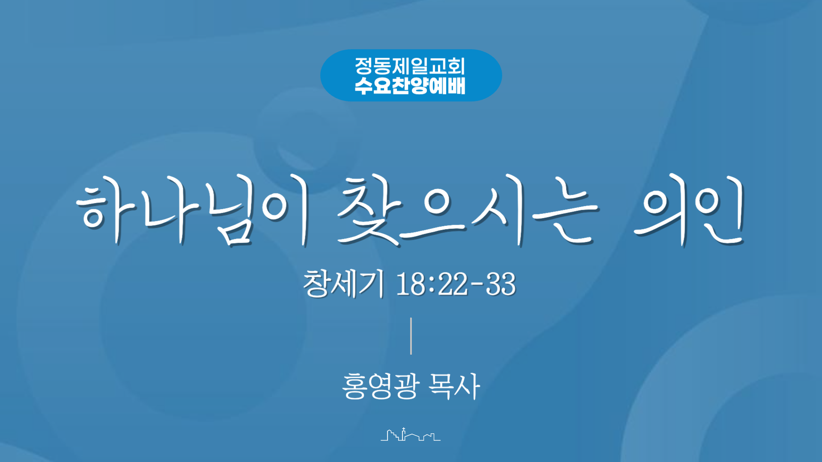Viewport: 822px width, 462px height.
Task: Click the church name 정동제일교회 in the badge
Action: tap(410, 66)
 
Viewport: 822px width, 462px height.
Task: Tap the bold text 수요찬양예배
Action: tap(410, 86)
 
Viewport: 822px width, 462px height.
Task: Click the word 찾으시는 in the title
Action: tap(468, 210)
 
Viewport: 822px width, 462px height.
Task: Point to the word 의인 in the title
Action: tap(690, 210)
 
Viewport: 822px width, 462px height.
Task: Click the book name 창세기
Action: tap(343, 283)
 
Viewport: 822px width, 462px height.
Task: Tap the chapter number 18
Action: tap(411, 284)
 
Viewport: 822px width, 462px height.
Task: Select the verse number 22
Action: tap(453, 284)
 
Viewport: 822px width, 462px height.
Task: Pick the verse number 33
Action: tap(501, 284)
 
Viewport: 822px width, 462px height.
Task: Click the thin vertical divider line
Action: tap(411, 336)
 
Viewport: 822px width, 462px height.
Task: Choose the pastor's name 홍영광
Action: tap(380, 386)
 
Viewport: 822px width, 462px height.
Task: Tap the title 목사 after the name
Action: tap(455, 386)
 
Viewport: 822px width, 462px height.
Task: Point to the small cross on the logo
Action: tap(403, 429)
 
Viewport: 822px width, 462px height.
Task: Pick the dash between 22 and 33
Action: tap(477, 284)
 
